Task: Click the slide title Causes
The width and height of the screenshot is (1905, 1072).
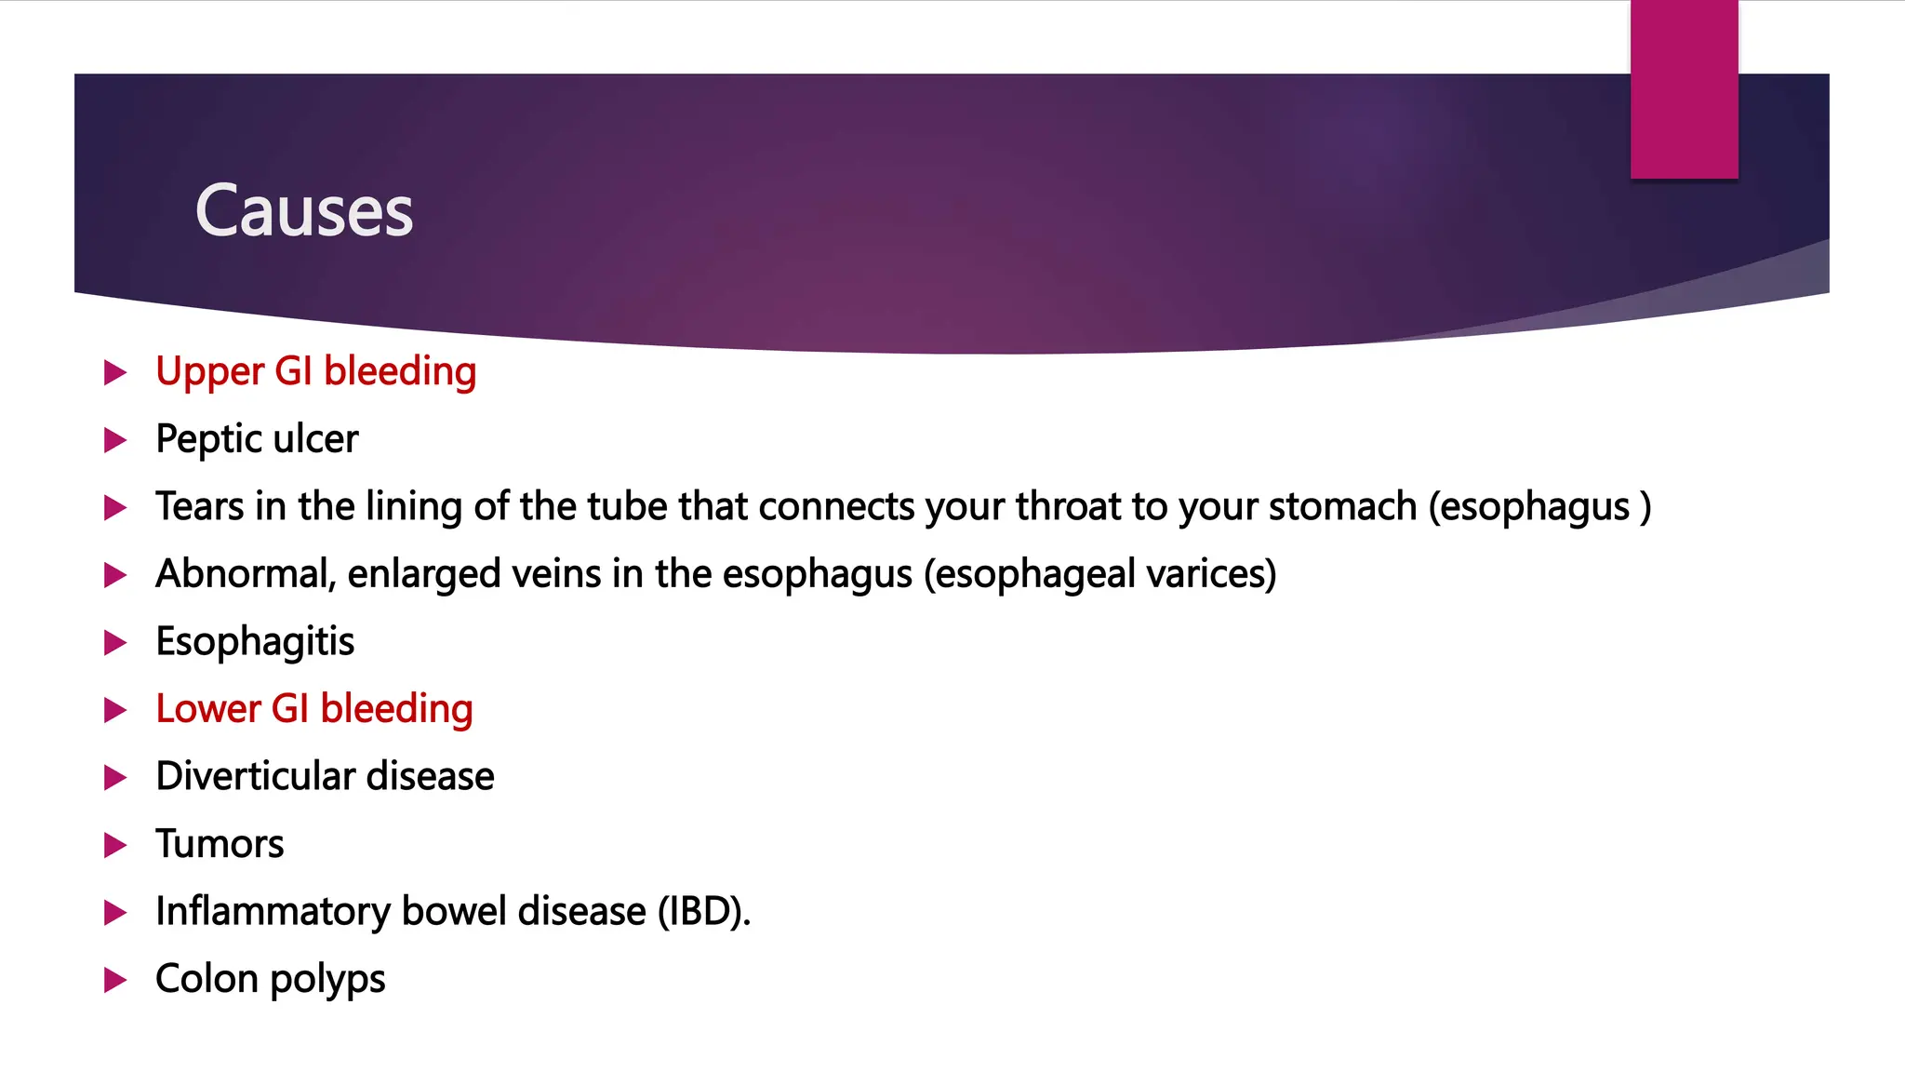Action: click(303, 210)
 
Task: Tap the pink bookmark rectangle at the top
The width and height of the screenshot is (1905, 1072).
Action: click(1684, 89)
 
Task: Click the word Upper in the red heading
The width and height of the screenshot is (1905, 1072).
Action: click(210, 372)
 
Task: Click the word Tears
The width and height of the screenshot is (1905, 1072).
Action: click(199, 506)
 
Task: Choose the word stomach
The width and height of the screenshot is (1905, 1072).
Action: click(1342, 506)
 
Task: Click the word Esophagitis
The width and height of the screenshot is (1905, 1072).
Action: click(255, 642)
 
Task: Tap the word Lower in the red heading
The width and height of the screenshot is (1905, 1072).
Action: click(208, 709)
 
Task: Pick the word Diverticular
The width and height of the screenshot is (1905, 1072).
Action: click(255, 776)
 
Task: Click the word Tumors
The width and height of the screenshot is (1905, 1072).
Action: click(220, 844)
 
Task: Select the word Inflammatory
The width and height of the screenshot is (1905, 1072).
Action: click(273, 911)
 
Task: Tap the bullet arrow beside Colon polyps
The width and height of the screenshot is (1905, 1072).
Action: click(114, 980)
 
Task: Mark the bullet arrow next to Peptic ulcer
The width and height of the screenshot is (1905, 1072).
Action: click(114, 440)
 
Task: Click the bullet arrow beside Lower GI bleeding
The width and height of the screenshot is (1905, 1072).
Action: click(114, 710)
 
